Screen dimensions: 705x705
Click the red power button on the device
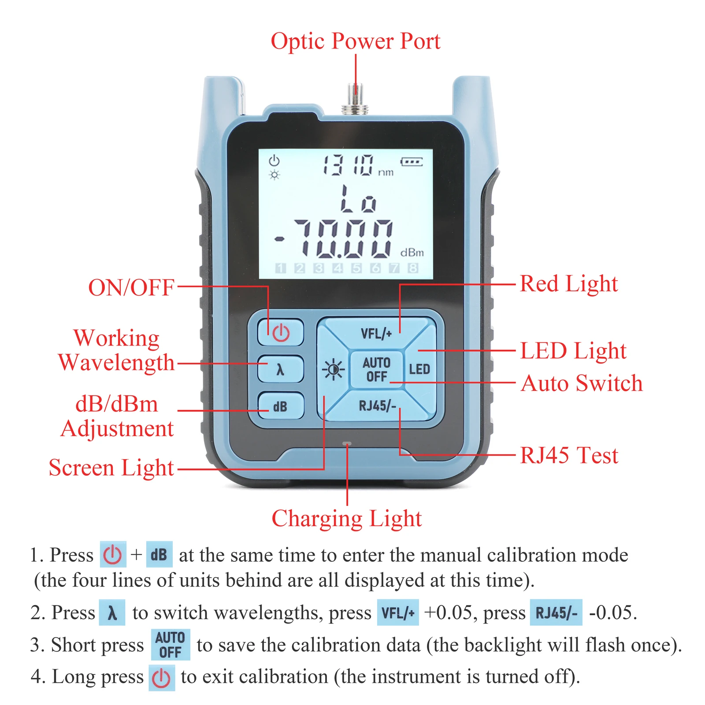(x=281, y=332)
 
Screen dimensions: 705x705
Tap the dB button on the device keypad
(x=281, y=406)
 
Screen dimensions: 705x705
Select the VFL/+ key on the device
(x=376, y=333)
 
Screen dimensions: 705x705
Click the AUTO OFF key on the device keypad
(x=377, y=369)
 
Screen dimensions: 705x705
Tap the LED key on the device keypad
(x=419, y=369)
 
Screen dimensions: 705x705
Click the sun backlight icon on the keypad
(x=334, y=369)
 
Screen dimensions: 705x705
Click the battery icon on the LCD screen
(x=412, y=162)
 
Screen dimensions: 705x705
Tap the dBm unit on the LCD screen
(x=412, y=252)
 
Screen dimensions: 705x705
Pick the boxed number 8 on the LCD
(x=413, y=268)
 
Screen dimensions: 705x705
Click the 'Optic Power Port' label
(x=356, y=41)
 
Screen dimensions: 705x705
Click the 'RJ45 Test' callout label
(x=569, y=455)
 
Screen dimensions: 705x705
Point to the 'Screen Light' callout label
(x=111, y=468)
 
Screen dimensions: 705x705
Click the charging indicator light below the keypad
(x=347, y=444)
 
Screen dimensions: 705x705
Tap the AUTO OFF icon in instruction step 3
(x=171, y=645)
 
